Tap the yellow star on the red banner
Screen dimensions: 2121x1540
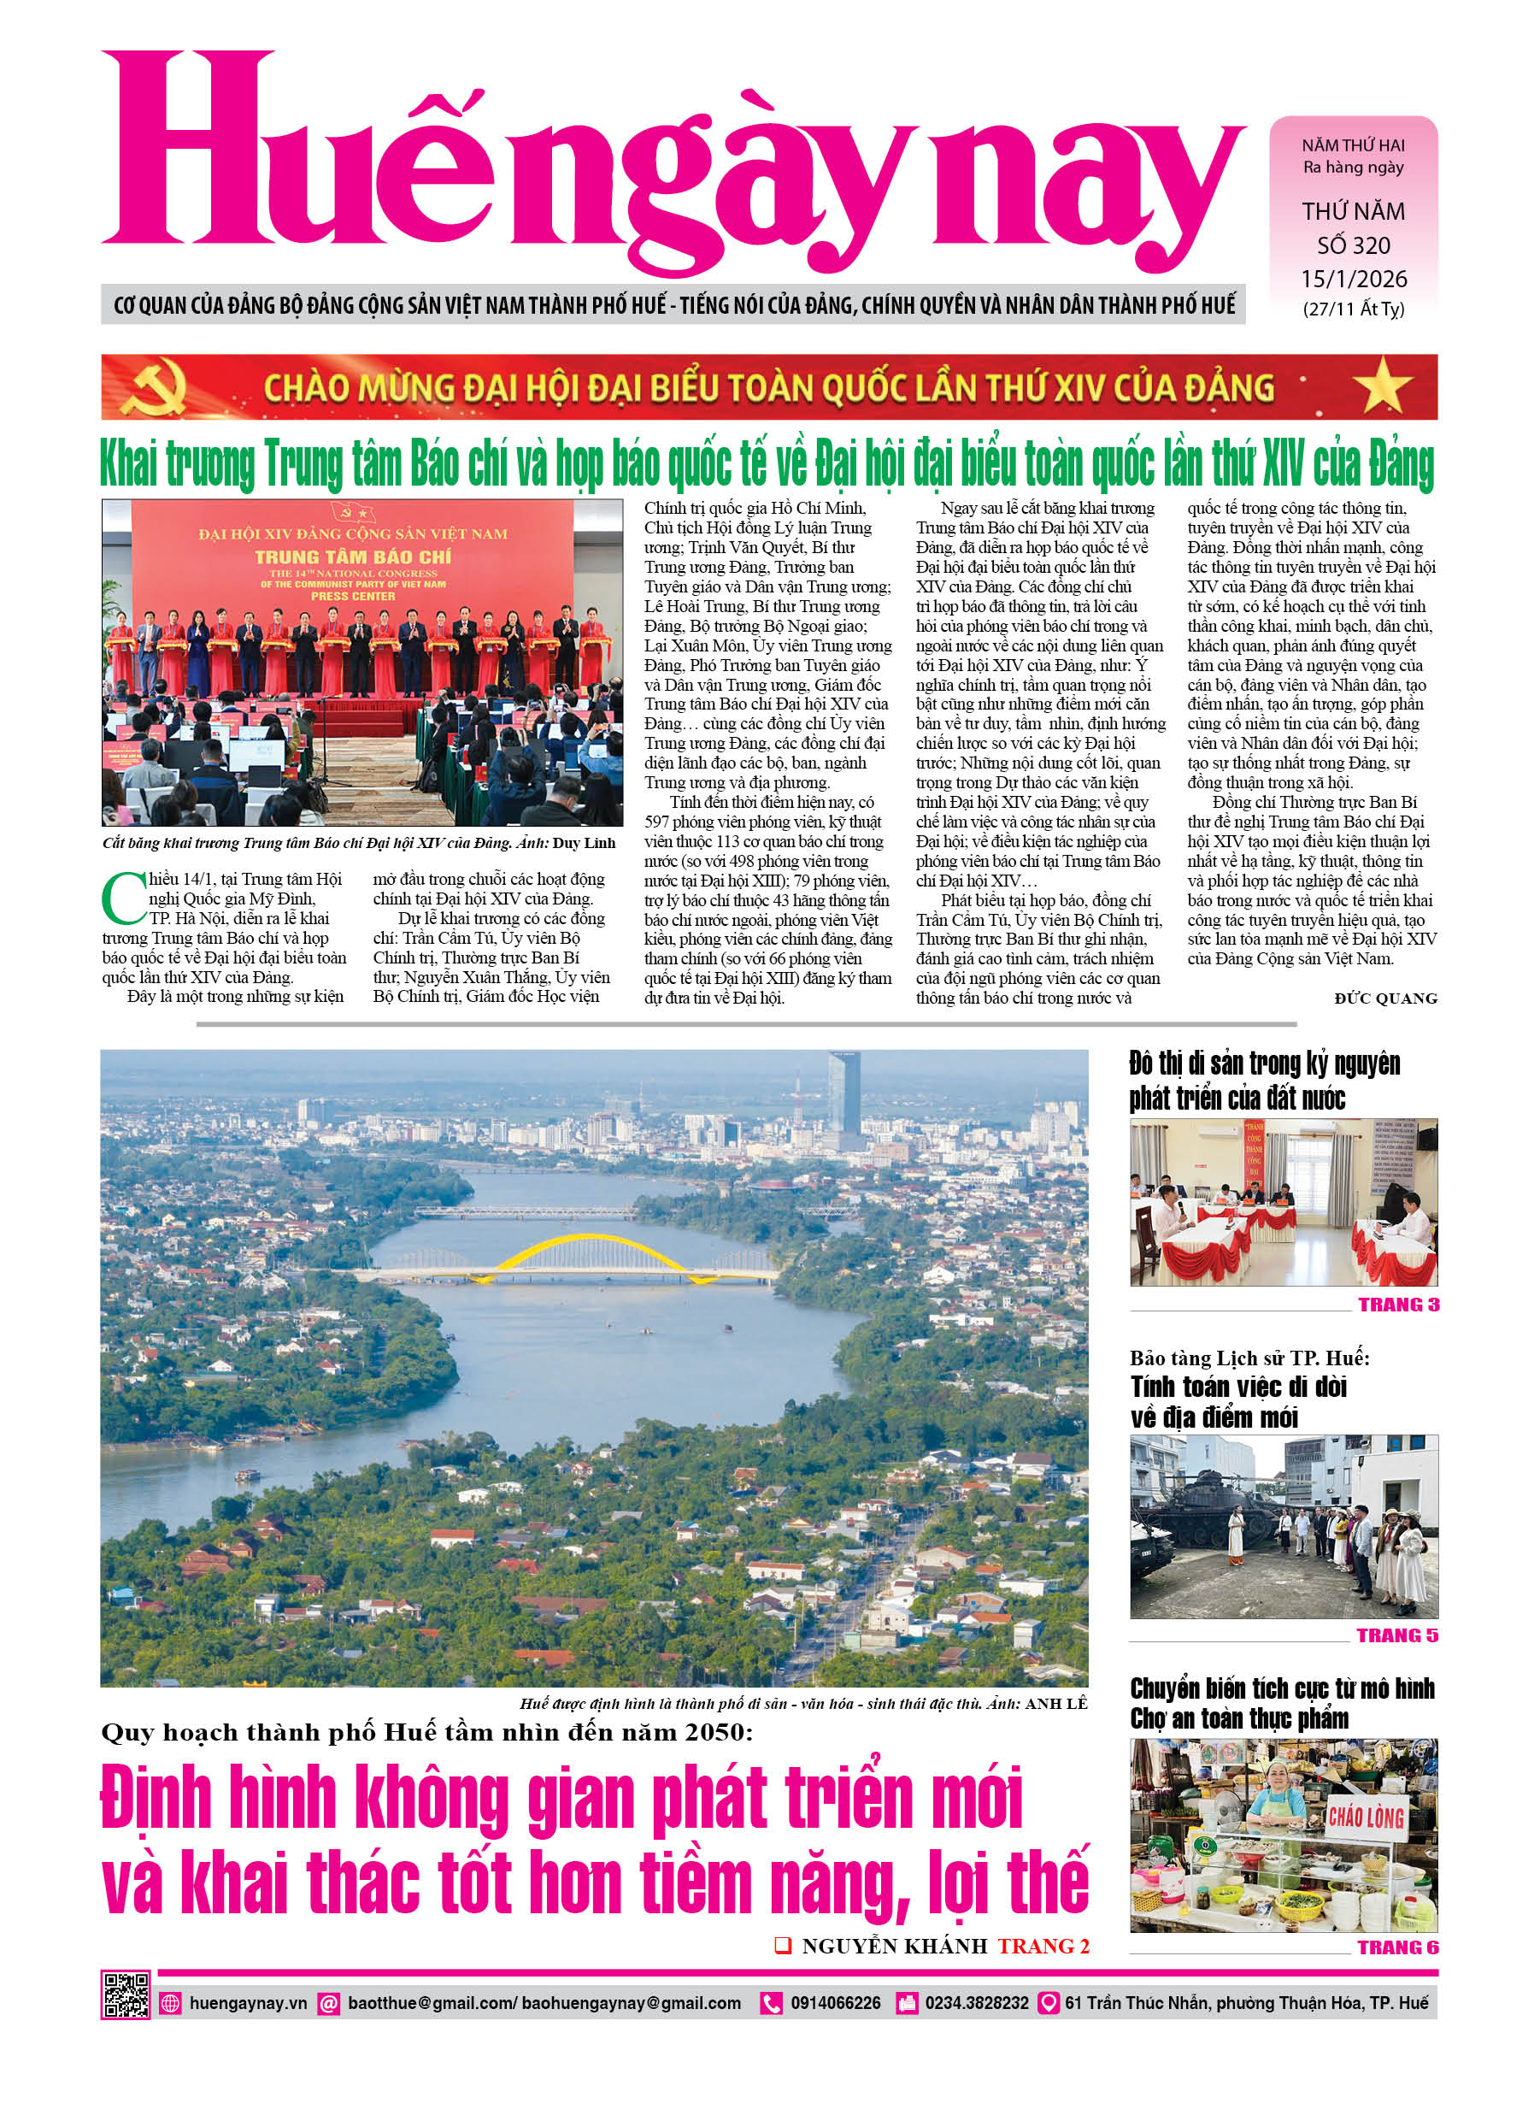click(1382, 386)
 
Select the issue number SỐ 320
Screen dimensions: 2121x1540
click(1353, 246)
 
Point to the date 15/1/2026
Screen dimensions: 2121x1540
click(1353, 279)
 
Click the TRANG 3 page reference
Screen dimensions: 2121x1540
click(1398, 1305)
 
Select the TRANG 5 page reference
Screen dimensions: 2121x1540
click(1397, 1635)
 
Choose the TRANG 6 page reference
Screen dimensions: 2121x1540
click(1397, 1948)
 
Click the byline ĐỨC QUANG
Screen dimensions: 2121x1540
click(1384, 999)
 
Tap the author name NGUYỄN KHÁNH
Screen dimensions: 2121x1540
click(894, 1946)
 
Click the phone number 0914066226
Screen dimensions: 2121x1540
click(835, 2003)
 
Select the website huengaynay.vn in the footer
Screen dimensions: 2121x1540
click(248, 2003)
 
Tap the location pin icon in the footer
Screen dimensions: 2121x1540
click(1049, 2003)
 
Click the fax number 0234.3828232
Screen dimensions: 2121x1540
click(976, 2003)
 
